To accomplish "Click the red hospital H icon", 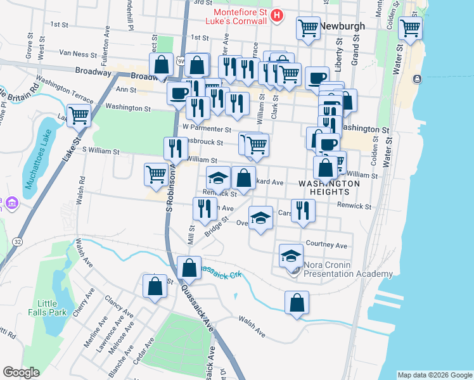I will click(276, 16).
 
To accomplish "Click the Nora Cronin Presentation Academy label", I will click(348, 269).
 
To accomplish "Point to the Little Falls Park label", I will click(48, 308).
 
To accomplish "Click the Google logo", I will click(20, 372).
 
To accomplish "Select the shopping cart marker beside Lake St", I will click(79, 115).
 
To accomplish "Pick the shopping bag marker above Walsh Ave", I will click(297, 303).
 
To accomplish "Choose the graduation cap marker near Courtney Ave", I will click(291, 255).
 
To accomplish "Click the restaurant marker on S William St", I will click(176, 148).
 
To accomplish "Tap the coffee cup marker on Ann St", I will click(179, 94).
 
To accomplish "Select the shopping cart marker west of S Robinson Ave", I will click(157, 173).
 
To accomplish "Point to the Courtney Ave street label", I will click(326, 245).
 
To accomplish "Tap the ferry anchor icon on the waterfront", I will click(418, 79).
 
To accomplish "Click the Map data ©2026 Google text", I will click(435, 374).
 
